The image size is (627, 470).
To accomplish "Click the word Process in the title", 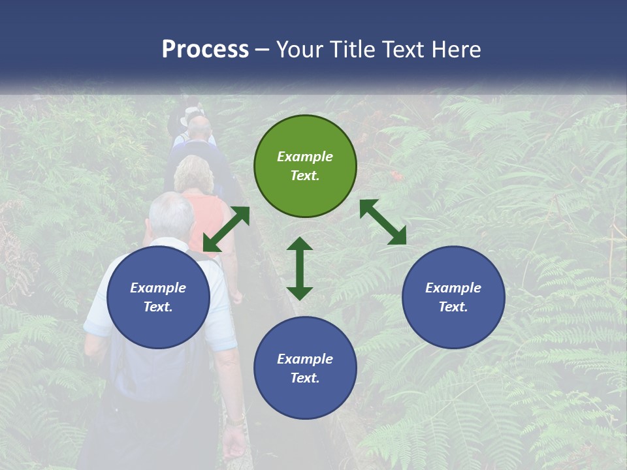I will click(x=205, y=50).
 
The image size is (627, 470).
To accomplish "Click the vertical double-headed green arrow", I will click(x=300, y=268).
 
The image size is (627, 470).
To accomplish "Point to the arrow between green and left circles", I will click(x=226, y=229).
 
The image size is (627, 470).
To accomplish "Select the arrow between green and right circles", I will click(x=383, y=222).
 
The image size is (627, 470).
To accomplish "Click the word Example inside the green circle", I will click(x=305, y=157).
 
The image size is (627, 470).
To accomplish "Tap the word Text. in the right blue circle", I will click(x=453, y=307).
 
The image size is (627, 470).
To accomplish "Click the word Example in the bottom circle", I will click(x=305, y=359).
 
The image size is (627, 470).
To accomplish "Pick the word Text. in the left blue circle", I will click(x=158, y=307).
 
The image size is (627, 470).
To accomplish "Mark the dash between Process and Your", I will click(x=263, y=50).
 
